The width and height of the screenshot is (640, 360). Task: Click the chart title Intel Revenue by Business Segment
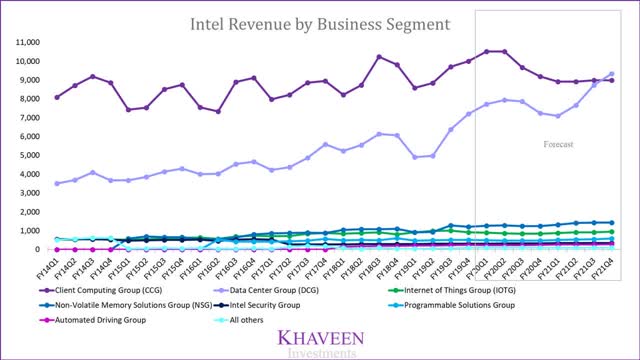coord(320,18)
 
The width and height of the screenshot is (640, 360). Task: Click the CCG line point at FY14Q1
coord(57,97)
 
